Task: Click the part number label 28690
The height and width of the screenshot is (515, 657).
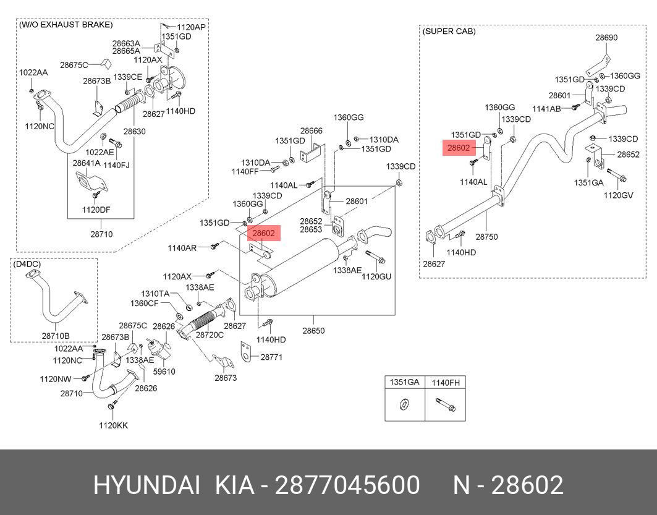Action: (606, 38)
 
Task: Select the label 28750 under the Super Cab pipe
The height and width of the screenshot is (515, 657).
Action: (486, 237)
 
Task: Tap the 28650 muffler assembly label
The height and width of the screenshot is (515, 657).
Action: (313, 331)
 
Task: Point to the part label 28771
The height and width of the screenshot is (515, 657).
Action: (271, 357)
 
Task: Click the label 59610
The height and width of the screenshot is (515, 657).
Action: (164, 372)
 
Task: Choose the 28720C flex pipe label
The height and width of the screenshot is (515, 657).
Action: (210, 334)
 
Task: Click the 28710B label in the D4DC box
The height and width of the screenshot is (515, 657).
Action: (56, 336)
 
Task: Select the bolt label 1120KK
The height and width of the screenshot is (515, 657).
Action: (114, 425)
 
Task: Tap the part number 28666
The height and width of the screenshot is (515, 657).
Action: (312, 131)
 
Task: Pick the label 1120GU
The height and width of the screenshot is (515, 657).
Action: (376, 276)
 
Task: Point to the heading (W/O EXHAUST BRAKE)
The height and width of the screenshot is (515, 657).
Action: (66, 25)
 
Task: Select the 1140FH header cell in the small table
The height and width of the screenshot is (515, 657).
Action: (445, 383)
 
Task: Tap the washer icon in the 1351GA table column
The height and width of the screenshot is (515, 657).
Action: (404, 405)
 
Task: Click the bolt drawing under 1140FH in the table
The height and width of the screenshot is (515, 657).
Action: (444, 406)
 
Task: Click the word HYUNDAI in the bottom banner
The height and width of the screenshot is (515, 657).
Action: (146, 485)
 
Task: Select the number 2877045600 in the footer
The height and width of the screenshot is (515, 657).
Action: (347, 485)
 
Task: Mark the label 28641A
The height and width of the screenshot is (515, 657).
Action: (87, 163)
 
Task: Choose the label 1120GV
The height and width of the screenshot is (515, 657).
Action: (619, 195)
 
